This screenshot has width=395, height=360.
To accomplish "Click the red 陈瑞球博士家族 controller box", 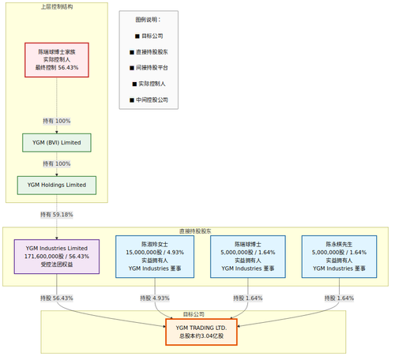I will pyautogui.click(x=57, y=59).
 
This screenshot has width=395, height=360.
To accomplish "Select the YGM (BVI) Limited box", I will pyautogui.click(x=57, y=142).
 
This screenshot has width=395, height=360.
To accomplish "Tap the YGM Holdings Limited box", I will pyautogui.click(x=57, y=185).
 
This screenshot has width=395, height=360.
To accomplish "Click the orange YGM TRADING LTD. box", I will pyautogui.click(x=201, y=332).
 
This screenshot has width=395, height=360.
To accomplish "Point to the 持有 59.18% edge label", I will pyautogui.click(x=57, y=214).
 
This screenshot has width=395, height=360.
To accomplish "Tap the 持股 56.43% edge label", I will pyautogui.click(x=57, y=298).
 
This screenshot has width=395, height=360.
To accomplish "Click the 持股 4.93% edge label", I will pyautogui.click(x=155, y=298).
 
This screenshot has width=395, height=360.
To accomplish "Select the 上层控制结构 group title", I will pyautogui.click(x=57, y=7).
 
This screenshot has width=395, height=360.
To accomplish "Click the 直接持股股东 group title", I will pyautogui.click(x=195, y=231).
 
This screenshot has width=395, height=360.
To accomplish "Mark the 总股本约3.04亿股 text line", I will pyautogui.click(x=201, y=336).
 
